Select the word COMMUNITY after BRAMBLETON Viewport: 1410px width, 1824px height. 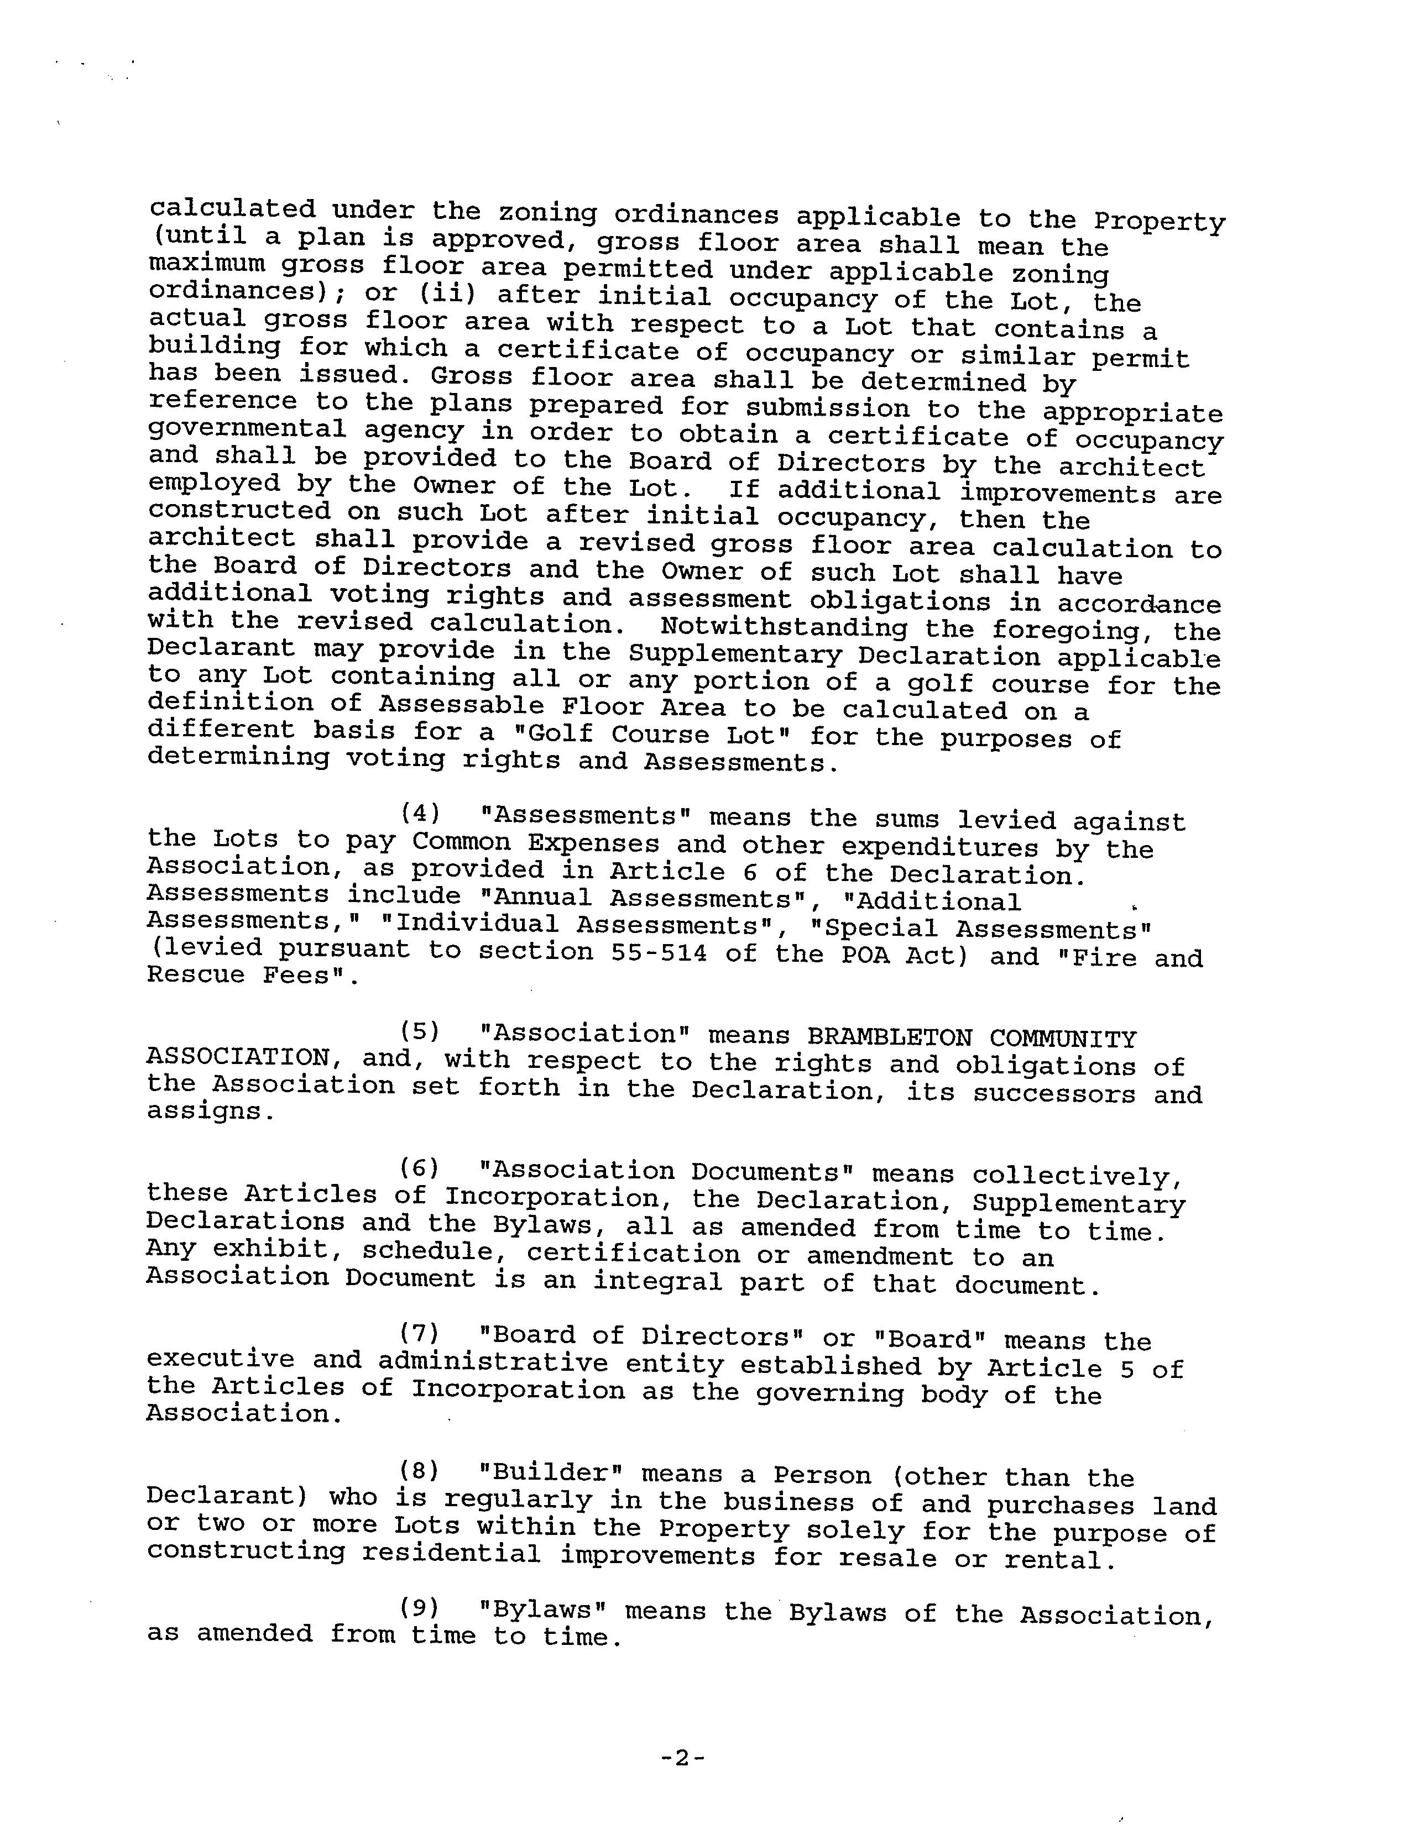click(x=1063, y=1039)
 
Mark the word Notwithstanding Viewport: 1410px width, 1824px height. click(x=784, y=627)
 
